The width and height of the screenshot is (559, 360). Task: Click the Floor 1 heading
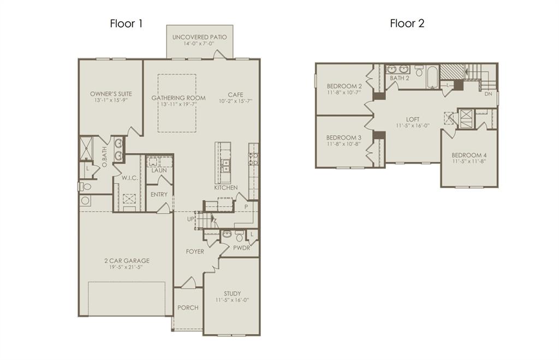(126, 23)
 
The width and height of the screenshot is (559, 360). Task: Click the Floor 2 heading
(407, 23)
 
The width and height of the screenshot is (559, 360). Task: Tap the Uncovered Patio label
(200, 37)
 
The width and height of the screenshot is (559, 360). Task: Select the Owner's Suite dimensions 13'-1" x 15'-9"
(111, 100)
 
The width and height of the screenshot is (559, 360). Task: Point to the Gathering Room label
(179, 98)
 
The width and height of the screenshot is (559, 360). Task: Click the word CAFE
(236, 95)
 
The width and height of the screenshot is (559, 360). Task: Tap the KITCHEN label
(226, 187)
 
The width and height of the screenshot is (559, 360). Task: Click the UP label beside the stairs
(191, 219)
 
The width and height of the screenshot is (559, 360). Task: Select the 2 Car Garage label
(127, 261)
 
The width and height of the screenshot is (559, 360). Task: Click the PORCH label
(188, 308)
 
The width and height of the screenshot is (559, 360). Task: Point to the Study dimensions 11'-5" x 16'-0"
(232, 300)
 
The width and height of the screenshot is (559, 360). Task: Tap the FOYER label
(195, 251)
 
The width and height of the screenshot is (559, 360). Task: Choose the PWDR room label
(242, 248)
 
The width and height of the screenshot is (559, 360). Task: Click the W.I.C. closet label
(130, 178)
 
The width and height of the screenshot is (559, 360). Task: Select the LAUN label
(159, 170)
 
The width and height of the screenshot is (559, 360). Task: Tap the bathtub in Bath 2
(432, 77)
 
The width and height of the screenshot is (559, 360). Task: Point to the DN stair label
(489, 94)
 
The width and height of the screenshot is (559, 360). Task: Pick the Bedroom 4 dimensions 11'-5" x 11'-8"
(469, 161)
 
